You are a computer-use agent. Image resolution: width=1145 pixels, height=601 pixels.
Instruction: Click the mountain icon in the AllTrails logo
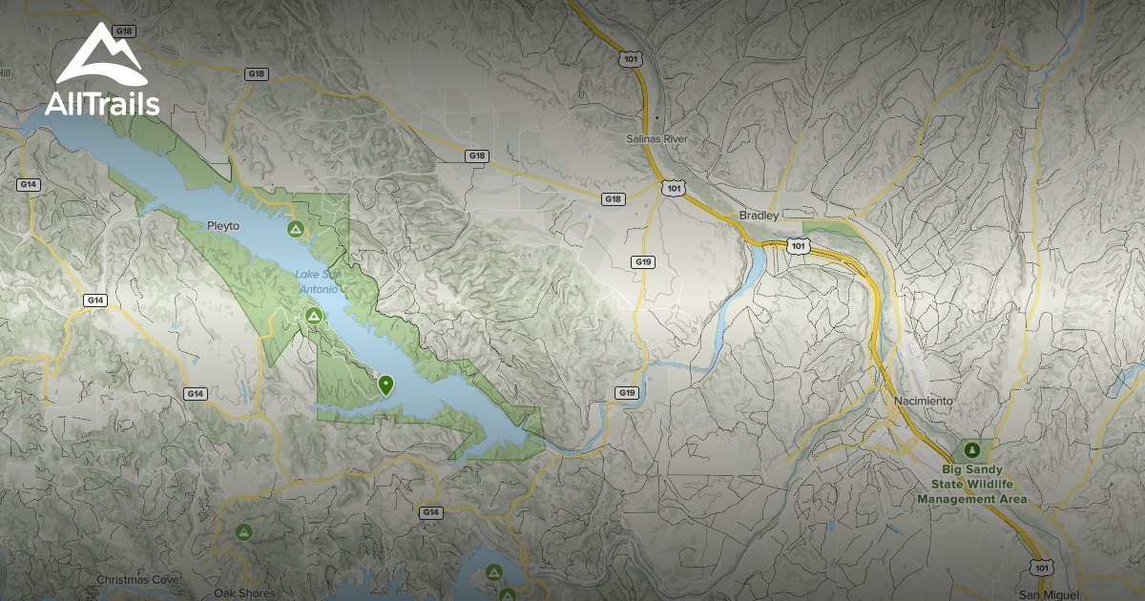(x=101, y=55)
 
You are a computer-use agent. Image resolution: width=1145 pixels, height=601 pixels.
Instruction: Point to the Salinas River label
(x=656, y=139)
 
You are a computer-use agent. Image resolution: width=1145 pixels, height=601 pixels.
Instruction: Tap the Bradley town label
(x=760, y=216)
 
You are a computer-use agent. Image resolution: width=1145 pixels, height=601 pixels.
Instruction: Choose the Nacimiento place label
(x=924, y=401)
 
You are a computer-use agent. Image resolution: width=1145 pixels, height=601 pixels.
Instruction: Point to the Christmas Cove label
(x=138, y=579)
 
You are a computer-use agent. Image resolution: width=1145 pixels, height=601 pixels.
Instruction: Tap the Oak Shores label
(x=244, y=592)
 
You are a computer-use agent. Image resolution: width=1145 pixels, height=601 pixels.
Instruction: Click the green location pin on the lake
(x=385, y=384)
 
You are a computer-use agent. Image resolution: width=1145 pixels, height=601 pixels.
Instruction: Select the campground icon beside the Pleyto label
(x=296, y=230)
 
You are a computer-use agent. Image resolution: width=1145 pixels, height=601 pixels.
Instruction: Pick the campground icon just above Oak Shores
(x=244, y=531)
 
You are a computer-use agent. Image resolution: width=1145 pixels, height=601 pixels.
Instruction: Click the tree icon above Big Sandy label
(x=972, y=448)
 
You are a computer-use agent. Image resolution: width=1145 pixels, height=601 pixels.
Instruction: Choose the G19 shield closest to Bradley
(x=643, y=261)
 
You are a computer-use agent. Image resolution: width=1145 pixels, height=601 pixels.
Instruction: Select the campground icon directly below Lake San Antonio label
(x=311, y=316)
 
